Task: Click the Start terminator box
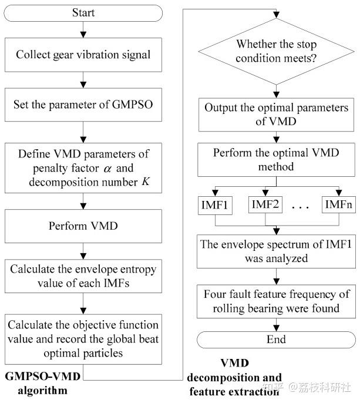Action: pos(83,12)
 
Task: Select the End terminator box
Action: pos(275,340)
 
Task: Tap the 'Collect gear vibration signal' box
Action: pos(83,55)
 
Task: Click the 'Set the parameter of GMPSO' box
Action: pos(83,106)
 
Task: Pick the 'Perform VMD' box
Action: pos(83,224)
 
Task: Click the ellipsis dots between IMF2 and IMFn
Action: pos(302,207)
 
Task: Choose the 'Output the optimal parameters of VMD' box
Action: pos(275,115)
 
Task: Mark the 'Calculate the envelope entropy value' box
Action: pos(83,276)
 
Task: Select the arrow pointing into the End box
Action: pos(275,324)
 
